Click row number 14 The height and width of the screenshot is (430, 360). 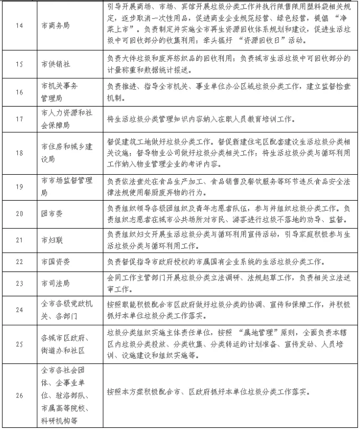(19, 25)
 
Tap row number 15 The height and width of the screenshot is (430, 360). (19, 64)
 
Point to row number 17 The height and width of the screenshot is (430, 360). (19, 118)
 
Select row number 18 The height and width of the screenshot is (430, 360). (19, 153)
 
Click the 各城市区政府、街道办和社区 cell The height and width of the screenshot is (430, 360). (65, 344)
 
